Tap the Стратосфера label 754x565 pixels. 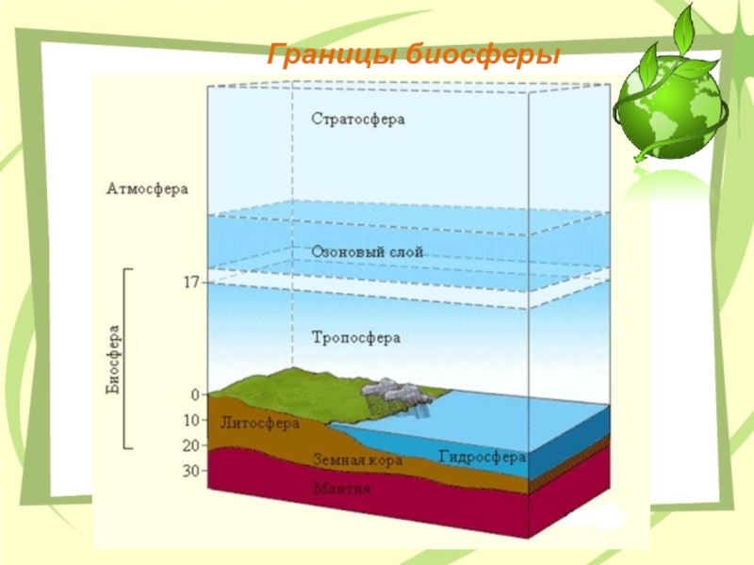point(356,120)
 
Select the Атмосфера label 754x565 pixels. point(146,188)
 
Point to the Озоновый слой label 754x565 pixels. point(367,252)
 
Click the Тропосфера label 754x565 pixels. point(356,337)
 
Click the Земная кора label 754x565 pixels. point(357,460)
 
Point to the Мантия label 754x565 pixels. point(343,489)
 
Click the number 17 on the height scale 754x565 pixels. point(191,282)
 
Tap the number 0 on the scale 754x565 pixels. point(195,395)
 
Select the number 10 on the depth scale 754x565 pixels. point(192,420)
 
